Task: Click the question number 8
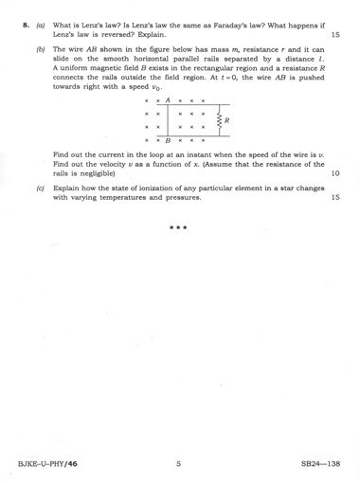pos(24,24)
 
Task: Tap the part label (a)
pos(40,24)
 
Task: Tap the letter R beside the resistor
pos(228,120)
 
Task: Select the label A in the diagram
pos(168,99)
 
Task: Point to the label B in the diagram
pos(168,140)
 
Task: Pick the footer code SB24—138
pos(320,463)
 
